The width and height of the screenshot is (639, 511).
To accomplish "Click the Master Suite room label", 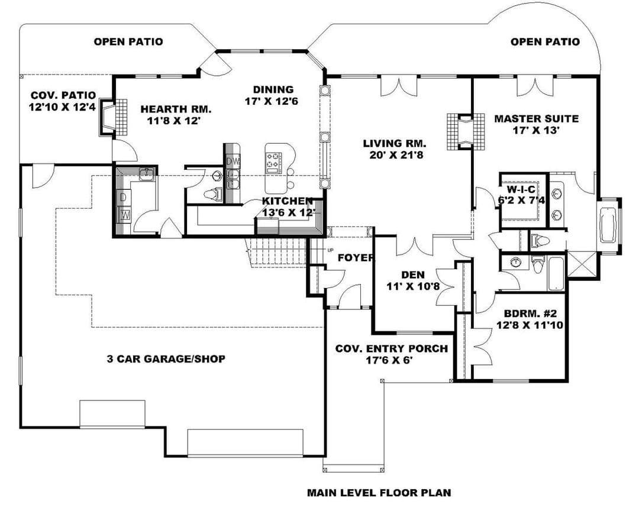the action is click(x=536, y=124).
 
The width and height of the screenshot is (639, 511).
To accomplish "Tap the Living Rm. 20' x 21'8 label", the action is click(x=395, y=148).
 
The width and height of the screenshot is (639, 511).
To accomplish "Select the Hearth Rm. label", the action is click(x=176, y=115).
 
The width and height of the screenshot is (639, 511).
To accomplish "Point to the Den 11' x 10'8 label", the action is click(x=413, y=280).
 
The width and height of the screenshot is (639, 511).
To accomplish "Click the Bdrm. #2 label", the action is click(x=530, y=319).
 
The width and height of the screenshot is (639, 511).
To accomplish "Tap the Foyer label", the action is click(x=356, y=257).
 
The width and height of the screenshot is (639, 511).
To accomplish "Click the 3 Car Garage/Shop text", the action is click(x=166, y=359).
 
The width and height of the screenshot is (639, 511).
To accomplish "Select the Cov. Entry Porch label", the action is click(x=391, y=354).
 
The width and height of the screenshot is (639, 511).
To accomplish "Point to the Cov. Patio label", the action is click(x=63, y=101).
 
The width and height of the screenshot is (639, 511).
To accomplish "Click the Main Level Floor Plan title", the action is click(x=379, y=493).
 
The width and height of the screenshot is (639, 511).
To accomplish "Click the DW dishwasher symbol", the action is click(x=233, y=161).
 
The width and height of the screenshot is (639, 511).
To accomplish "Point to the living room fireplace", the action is click(x=466, y=131).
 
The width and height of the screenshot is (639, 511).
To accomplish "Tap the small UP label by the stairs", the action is click(x=331, y=250).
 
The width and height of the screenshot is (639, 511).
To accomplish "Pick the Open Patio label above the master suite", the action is click(x=545, y=41).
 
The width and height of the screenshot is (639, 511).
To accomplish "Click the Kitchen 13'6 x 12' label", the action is click(x=288, y=206).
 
